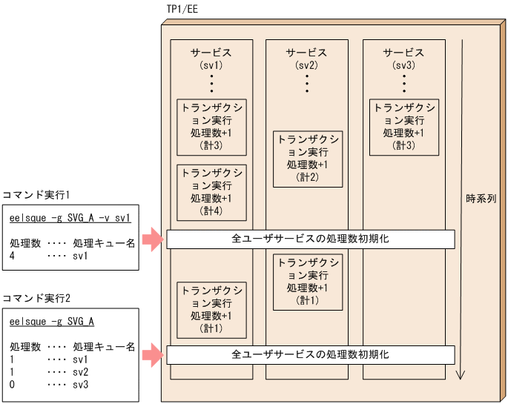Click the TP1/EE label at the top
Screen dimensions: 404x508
point(183,9)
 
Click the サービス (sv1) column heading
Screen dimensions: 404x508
point(211,59)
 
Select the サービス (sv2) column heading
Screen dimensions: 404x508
point(307,59)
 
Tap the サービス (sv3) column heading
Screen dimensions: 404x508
point(403,59)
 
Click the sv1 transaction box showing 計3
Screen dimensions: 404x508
point(211,126)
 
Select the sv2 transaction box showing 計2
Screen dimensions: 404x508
point(307,158)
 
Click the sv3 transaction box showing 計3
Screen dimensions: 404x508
point(403,126)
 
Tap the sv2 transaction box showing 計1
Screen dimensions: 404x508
point(307,281)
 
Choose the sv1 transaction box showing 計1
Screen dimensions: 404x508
point(211,308)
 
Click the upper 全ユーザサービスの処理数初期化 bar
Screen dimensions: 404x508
point(310,239)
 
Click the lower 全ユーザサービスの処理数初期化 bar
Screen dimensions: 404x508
point(310,355)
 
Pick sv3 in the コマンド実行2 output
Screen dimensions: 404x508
point(81,385)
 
